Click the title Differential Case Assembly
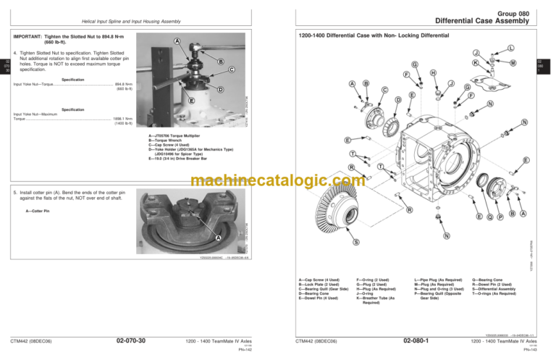[492, 20]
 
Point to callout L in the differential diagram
[512, 48]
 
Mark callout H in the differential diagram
[432, 72]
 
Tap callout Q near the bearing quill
[489, 216]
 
